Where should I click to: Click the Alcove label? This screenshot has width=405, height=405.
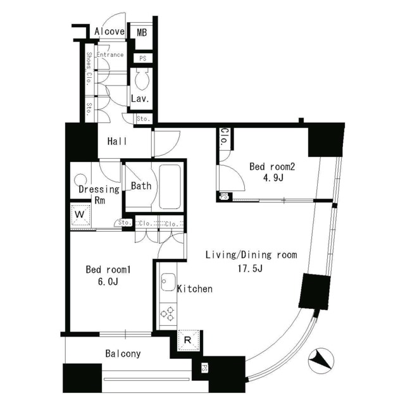(x=109, y=32)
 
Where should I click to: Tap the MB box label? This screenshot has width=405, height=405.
(x=142, y=32)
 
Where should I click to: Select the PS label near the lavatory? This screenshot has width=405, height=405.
(x=143, y=59)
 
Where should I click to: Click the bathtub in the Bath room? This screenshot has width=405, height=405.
(x=169, y=186)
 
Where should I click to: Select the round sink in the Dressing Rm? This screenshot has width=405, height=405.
(x=80, y=180)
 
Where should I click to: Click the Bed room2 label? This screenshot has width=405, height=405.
(x=273, y=167)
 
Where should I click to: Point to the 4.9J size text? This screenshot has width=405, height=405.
(x=272, y=179)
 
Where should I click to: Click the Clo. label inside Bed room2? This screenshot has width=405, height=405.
(x=225, y=138)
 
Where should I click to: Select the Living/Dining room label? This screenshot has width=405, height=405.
(x=251, y=256)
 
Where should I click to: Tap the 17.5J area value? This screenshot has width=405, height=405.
(x=251, y=269)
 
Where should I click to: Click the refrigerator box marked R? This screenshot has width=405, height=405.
(x=187, y=340)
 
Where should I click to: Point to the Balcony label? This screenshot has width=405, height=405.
(x=123, y=354)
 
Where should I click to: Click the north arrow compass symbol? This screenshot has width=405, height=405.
(x=321, y=361)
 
